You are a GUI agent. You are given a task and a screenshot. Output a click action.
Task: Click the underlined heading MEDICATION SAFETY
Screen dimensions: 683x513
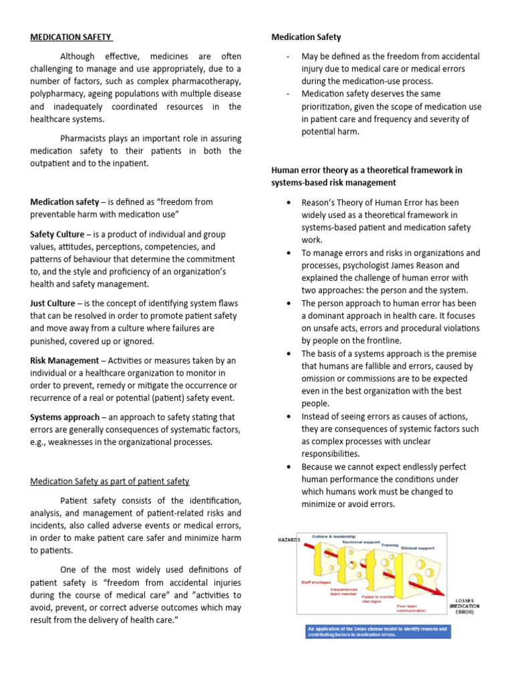pos(71,37)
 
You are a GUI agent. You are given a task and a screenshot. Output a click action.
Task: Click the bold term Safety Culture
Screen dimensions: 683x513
pos(57,234)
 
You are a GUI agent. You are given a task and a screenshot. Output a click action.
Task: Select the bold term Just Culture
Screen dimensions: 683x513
pos(53,303)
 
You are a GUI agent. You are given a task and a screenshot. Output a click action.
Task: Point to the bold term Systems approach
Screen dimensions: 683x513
pos(63,417)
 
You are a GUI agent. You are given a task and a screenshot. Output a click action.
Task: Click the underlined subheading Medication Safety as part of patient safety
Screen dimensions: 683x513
pos(110,481)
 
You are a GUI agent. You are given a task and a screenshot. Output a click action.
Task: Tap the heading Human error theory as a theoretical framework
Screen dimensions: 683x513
pos(366,170)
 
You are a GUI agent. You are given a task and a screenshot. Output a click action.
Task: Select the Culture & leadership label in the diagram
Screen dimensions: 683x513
pos(333,536)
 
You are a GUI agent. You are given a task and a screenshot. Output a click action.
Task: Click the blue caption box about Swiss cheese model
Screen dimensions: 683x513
pos(378,631)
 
